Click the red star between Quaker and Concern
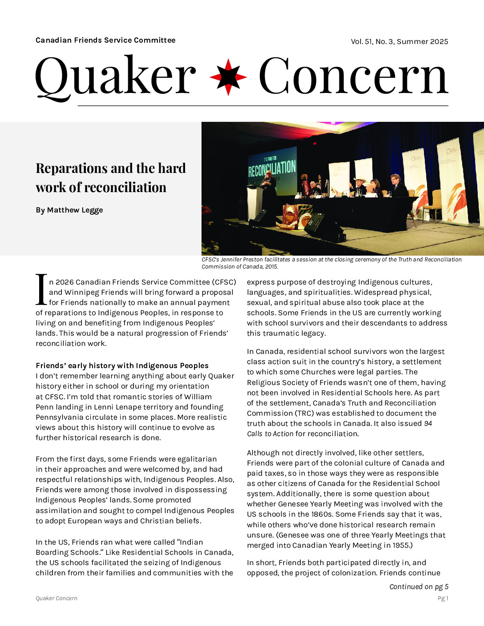(228, 77)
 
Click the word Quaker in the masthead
(115, 76)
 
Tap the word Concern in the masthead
(353, 76)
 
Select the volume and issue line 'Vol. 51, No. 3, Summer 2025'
(399, 42)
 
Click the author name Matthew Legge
(75, 210)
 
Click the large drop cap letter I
(41, 290)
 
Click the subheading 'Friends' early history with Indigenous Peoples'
(122, 365)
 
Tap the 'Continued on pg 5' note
(419, 587)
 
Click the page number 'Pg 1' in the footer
(443, 598)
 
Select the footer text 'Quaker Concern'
(56, 598)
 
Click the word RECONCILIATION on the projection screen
(272, 169)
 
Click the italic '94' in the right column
(428, 424)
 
